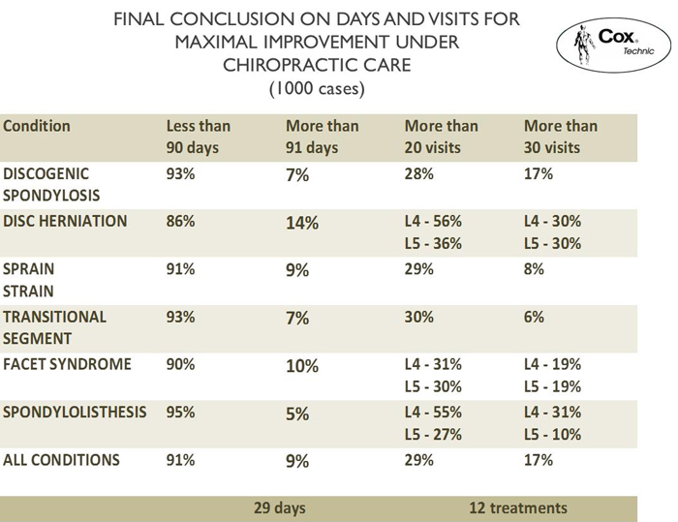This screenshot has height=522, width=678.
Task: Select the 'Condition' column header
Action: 37,126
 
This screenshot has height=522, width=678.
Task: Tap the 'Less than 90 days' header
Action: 199,137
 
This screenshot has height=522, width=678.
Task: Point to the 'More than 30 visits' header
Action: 560,137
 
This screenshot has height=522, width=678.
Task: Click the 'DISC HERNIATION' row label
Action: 66,221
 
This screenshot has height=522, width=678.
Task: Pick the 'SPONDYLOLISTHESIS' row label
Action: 76,412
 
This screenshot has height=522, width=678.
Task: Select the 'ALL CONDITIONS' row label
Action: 61,460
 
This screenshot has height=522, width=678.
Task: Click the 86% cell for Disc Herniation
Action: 181,221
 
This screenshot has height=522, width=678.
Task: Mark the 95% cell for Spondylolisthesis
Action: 181,412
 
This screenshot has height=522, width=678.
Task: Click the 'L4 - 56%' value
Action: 433,221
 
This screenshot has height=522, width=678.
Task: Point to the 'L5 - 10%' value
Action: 552,434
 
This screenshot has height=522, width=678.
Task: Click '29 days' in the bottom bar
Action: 280,507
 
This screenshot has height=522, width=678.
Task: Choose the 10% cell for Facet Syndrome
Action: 302,365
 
